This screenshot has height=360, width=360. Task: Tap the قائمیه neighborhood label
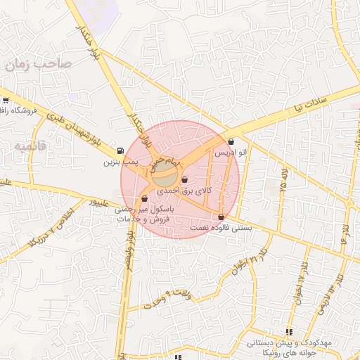click(28, 145)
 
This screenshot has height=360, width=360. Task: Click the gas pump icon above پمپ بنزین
click(121, 150)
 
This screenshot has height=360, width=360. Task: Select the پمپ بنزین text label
click(117, 162)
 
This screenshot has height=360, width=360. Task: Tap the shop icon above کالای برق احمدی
click(184, 181)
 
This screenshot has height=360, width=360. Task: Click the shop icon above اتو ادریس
click(231, 142)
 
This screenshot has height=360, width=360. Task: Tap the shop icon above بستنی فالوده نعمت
click(221, 217)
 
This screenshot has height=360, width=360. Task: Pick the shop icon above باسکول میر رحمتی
click(144, 199)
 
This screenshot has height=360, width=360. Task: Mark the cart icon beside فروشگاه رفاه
click(5, 100)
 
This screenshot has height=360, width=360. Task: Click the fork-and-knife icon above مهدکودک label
click(288, 332)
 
